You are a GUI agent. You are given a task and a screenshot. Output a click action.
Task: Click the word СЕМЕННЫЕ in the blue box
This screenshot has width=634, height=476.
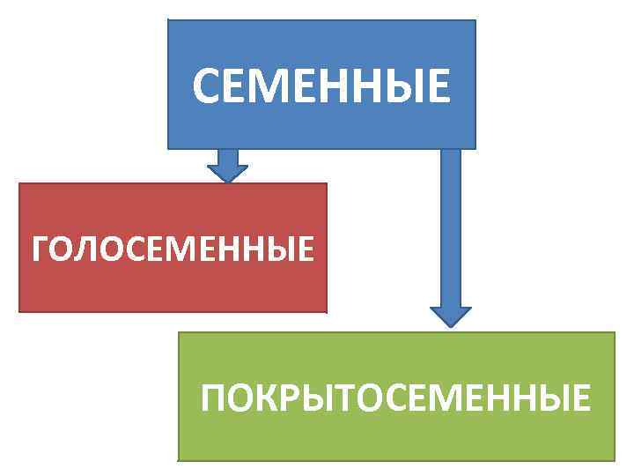point(321,86)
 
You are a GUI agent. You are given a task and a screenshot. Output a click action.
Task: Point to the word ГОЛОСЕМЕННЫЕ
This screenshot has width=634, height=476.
point(173,249)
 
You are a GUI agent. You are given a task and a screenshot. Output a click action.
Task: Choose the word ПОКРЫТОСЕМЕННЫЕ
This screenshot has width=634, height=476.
point(395,398)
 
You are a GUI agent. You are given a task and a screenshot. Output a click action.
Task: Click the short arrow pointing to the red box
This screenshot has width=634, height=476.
point(228,166)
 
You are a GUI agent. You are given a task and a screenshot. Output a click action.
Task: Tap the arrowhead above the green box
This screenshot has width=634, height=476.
point(450,316)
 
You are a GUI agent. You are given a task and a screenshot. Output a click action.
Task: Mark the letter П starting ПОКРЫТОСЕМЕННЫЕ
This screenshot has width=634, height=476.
point(213,398)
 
